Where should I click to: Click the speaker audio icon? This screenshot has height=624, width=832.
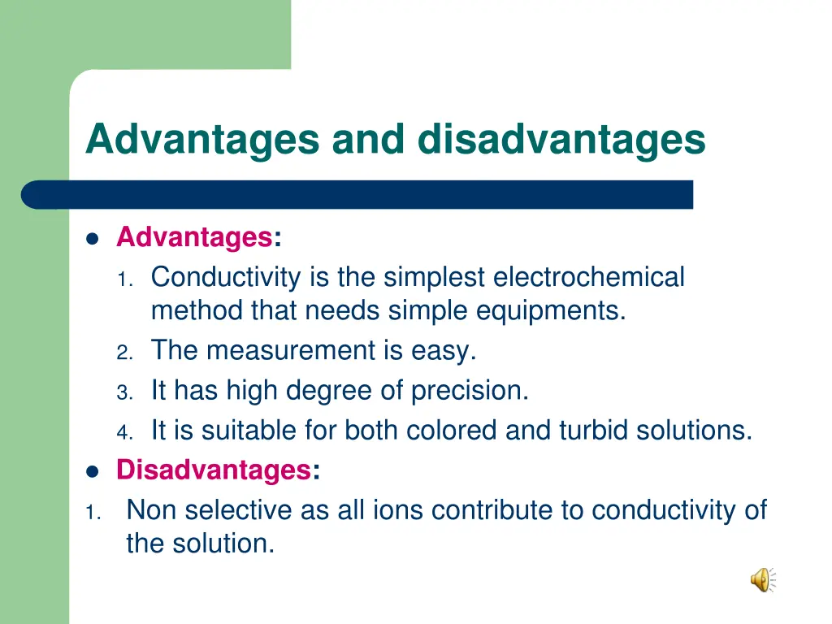point(762,579)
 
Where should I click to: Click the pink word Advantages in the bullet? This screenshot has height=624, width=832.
point(193,238)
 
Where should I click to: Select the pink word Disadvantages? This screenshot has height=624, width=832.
point(213,470)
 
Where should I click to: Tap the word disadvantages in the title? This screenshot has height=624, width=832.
point(561,139)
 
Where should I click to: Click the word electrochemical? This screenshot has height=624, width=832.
point(589,278)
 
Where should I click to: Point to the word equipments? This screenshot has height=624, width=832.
point(552,310)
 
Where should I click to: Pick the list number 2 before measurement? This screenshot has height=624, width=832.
point(123,353)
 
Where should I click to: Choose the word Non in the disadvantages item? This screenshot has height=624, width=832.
point(152,510)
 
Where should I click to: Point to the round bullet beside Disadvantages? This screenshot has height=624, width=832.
point(92,470)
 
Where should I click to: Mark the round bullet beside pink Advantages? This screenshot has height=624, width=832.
point(92,239)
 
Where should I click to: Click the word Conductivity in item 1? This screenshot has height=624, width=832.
point(226,278)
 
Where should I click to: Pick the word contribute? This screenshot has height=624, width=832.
point(493,510)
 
